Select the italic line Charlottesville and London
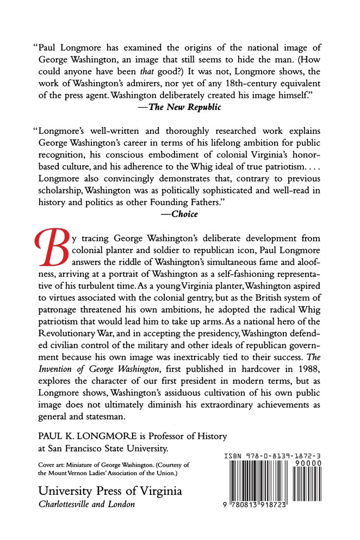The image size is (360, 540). [86, 504]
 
